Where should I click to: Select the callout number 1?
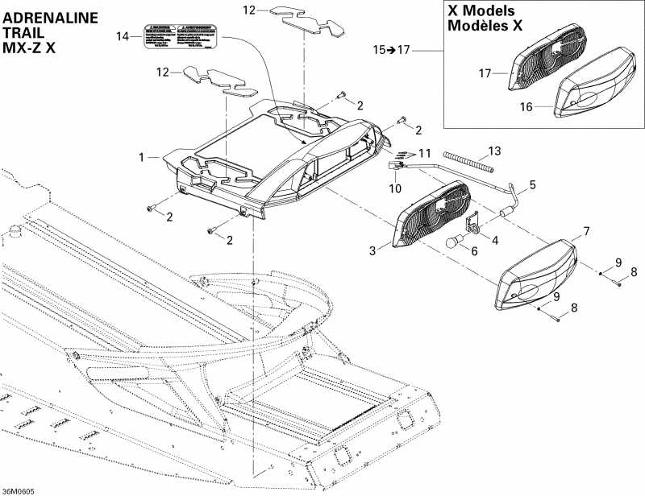point(142,157)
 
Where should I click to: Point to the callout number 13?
point(494,151)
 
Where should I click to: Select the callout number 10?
point(395,188)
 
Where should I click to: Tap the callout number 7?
point(586,232)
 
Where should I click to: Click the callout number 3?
point(373,251)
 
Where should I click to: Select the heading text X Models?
point(486,11)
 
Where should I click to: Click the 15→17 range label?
point(391,50)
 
